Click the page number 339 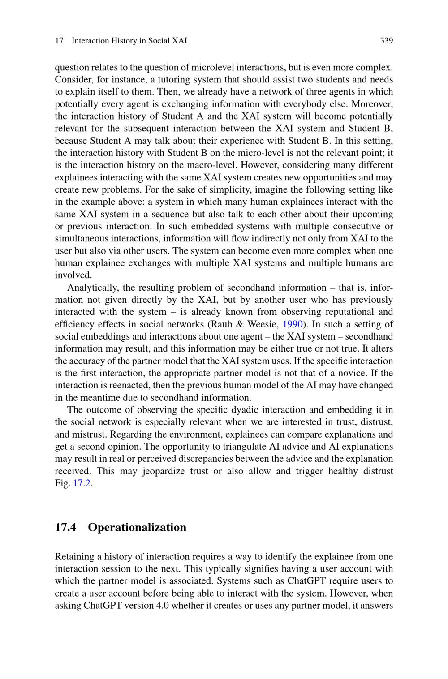(386, 41)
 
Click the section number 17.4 (65, 527)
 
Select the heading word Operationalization (137, 527)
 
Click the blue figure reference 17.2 (82, 483)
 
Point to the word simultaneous (80, 239)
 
